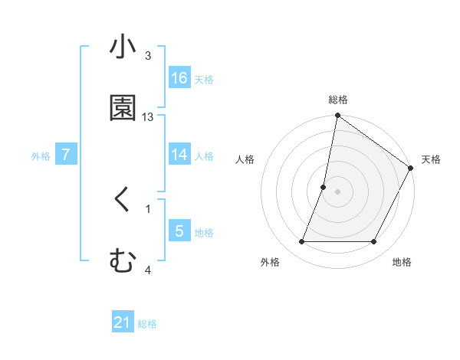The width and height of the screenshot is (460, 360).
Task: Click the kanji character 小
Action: coord(123,47)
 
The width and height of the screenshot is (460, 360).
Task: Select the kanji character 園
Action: coord(123,107)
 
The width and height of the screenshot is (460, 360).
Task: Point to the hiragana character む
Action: coord(123,260)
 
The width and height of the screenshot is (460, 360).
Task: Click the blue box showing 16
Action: coord(179,77)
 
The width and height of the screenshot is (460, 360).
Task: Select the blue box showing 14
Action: coord(179,155)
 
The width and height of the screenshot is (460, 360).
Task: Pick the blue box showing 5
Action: coord(179,231)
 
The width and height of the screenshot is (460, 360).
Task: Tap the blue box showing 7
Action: coord(66,155)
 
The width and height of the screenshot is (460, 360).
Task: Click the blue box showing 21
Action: coord(123,322)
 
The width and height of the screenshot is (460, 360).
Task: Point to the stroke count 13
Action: coord(149,117)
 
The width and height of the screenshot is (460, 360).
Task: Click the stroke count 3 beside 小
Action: coord(148,56)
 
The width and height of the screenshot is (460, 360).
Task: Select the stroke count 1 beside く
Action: coord(148,208)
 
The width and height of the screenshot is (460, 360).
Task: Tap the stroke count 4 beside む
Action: coord(148,269)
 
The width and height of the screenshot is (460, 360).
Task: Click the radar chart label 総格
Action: coord(338,100)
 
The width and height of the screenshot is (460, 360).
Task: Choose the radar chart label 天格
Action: coord(431,159)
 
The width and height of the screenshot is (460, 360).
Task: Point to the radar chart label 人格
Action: coord(245,159)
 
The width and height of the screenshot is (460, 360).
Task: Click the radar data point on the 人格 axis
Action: coord(324,187)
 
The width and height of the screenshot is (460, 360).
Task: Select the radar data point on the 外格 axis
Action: coord(301,242)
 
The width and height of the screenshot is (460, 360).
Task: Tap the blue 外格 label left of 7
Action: coord(41,155)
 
